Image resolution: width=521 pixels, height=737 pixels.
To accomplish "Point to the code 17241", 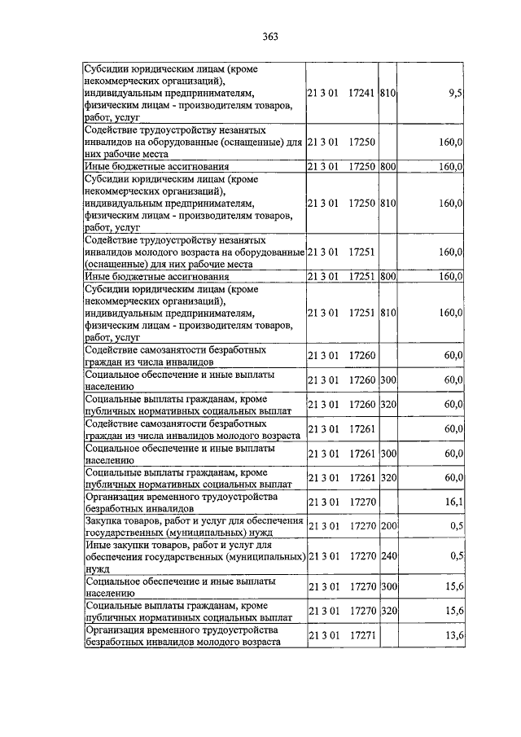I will point(361,94).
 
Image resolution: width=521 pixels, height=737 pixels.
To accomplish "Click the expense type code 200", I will point(387,526).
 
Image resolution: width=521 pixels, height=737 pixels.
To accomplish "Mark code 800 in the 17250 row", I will point(387,166).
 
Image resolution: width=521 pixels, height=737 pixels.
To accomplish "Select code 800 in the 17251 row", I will point(387,276).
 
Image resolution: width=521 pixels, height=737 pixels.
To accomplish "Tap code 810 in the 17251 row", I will point(387,312).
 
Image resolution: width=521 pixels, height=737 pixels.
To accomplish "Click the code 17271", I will point(361,635).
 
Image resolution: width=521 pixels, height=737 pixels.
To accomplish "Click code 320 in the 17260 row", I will point(387,404).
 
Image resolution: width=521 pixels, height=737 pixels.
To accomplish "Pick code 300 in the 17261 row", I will point(387,454).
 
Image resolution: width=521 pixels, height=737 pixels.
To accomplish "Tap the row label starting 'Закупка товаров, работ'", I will point(195,526).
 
